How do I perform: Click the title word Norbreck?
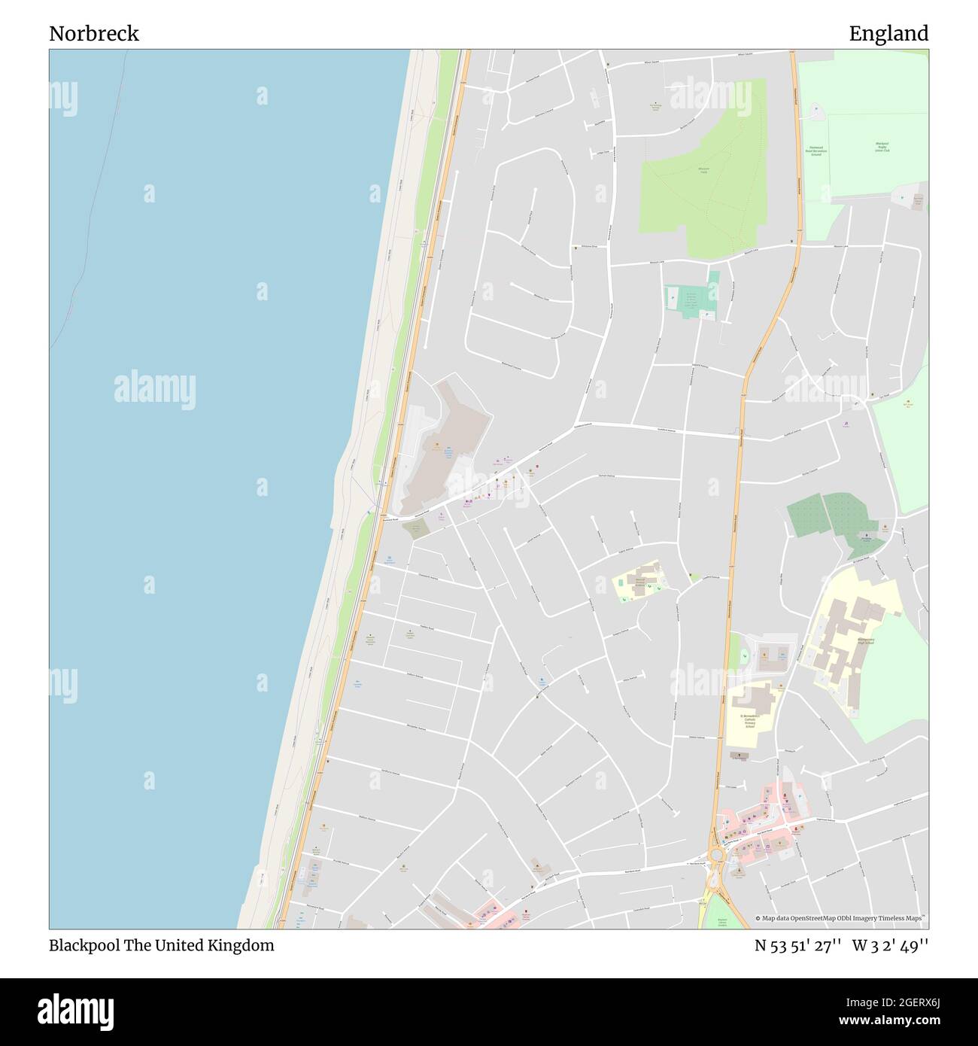point(94,34)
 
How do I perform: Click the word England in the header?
point(888,34)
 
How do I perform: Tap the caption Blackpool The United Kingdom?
point(161,946)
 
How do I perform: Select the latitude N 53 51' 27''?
point(797,946)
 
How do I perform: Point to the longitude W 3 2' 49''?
point(890,946)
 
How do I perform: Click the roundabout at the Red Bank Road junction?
point(716,855)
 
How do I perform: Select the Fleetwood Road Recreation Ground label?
point(816,150)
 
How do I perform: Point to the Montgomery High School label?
point(865,642)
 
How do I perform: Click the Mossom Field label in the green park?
point(704,170)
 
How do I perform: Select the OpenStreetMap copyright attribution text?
point(840,918)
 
